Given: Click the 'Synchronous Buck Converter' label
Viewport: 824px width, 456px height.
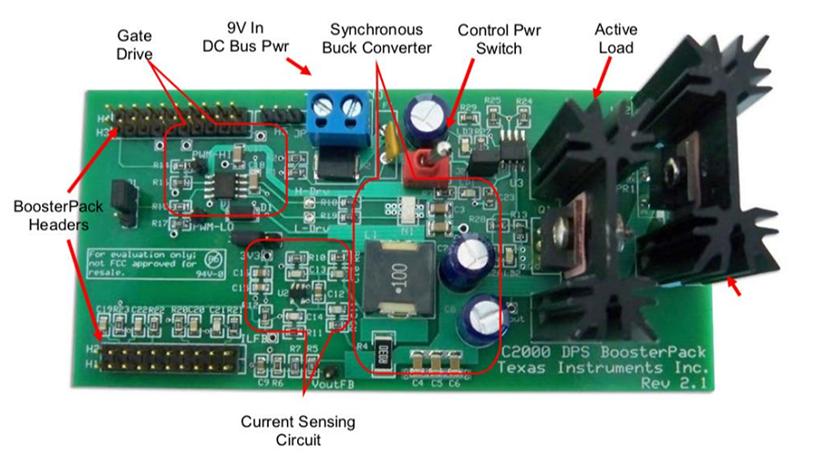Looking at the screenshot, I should point(376,38).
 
